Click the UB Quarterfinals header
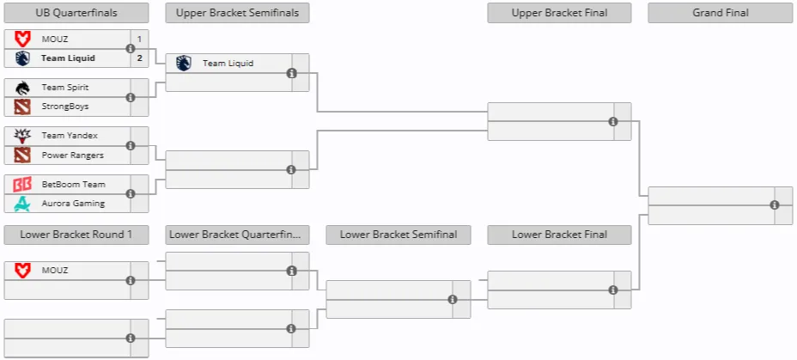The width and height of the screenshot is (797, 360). [x=76, y=13]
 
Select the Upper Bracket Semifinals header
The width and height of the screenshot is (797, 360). [x=237, y=13]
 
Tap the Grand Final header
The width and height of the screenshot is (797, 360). [x=721, y=13]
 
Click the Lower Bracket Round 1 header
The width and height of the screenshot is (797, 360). [x=76, y=235]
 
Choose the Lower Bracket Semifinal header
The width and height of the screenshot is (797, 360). [x=398, y=235]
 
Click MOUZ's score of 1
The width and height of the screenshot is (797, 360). [x=139, y=39]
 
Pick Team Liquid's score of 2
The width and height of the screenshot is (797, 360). [x=139, y=58]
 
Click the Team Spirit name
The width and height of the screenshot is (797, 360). [x=65, y=88]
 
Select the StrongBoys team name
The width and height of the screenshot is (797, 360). [x=65, y=107]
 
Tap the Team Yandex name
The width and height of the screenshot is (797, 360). [x=70, y=136]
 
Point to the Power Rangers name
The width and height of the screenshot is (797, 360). [x=73, y=156]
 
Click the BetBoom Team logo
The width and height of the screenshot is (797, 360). [x=22, y=184]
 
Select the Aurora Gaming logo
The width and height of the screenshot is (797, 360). [x=22, y=204]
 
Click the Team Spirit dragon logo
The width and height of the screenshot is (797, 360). [x=22, y=88]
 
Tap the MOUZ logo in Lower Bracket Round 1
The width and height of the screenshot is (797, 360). [x=22, y=271]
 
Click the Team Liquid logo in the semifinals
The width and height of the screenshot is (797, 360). [x=184, y=63]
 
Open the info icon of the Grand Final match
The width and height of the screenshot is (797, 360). [x=774, y=204]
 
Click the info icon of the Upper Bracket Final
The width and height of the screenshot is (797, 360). [x=613, y=121]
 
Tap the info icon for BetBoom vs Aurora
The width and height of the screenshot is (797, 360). [x=131, y=193]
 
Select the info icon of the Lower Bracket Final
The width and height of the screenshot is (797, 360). [x=613, y=290]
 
